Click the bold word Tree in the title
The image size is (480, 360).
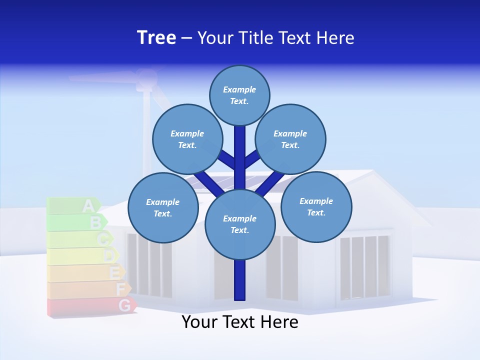[156, 38]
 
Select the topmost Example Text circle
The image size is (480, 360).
[239, 95]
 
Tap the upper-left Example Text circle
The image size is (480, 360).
[187, 139]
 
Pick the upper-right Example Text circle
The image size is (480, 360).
[290, 139]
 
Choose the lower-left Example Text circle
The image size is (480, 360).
[162, 207]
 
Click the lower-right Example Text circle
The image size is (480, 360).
[316, 206]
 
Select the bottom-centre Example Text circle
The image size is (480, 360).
[239, 224]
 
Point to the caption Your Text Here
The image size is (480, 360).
[239, 322]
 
